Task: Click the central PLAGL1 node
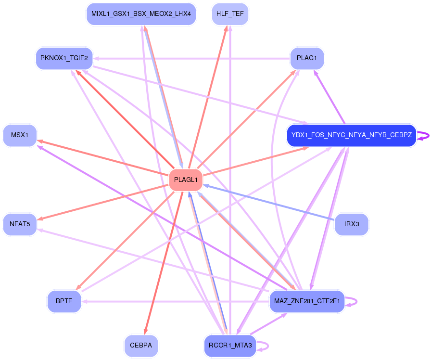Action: pyautogui.click(x=186, y=180)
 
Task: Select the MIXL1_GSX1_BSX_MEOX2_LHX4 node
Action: pyautogui.click(x=141, y=14)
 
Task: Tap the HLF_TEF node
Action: pyautogui.click(x=230, y=14)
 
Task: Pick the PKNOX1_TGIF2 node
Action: pyautogui.click(x=64, y=58)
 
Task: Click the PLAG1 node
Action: pyautogui.click(x=307, y=58)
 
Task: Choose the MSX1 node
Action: pyautogui.click(x=20, y=136)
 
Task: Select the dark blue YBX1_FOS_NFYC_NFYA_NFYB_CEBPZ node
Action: pyautogui.click(x=351, y=136)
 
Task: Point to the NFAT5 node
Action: pyautogui.click(x=20, y=224)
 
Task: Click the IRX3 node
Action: pyautogui.click(x=351, y=224)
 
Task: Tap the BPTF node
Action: pyautogui.click(x=64, y=301)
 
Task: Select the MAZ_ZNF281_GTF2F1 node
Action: pyautogui.click(x=307, y=301)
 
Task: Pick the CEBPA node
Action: pyautogui.click(x=141, y=346)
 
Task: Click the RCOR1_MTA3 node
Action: pyautogui.click(x=230, y=346)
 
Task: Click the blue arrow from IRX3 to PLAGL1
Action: pyautogui.click(x=269, y=202)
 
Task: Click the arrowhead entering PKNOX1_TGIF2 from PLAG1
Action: pyautogui.click(x=96, y=58)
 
